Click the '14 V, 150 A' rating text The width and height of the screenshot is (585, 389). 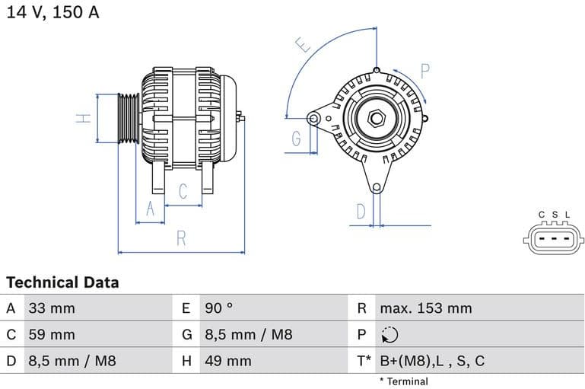pyautogui.click(x=52, y=12)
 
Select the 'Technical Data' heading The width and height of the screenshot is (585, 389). pyautogui.click(x=62, y=282)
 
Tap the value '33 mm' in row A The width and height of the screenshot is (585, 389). pyautogui.click(x=51, y=308)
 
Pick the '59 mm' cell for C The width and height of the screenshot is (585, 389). pyautogui.click(x=51, y=334)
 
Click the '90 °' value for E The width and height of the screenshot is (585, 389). pyautogui.click(x=219, y=308)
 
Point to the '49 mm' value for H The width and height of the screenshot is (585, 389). pyautogui.click(x=227, y=361)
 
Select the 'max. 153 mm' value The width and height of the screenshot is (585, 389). pyautogui.click(x=425, y=308)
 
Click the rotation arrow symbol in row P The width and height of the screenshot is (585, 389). pyautogui.click(x=389, y=335)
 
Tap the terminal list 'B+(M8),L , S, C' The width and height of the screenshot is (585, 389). pyautogui.click(x=431, y=361)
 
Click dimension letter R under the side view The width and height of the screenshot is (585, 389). pyautogui.click(x=181, y=238)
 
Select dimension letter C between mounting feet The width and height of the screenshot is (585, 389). pyautogui.click(x=183, y=192)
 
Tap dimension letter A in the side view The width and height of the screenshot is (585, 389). pyautogui.click(x=150, y=209)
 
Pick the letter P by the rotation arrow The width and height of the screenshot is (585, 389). pyautogui.click(x=425, y=72)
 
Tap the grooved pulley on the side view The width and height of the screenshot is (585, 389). pyautogui.click(x=129, y=118)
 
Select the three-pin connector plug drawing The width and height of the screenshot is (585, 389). pyautogui.click(x=554, y=240)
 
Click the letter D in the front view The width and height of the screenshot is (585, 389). pyautogui.click(x=361, y=211)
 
